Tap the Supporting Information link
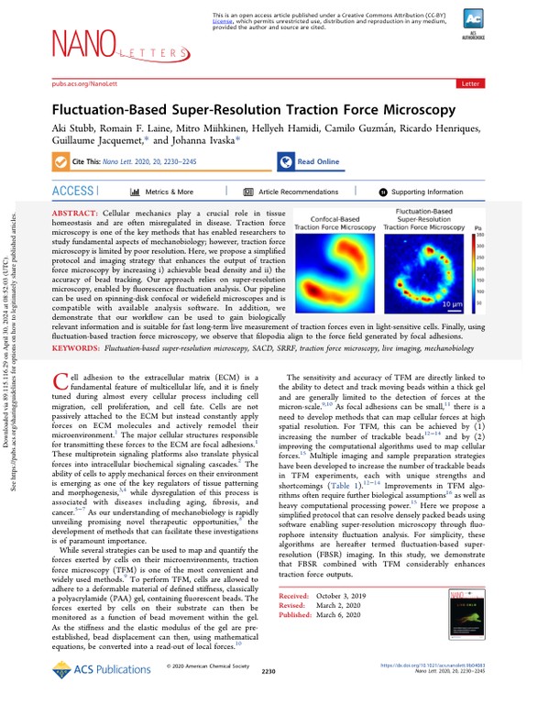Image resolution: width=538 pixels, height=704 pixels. click(421, 192)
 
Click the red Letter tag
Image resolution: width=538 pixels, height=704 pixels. click(470, 82)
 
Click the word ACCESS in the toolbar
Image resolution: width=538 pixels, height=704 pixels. click(73, 192)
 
